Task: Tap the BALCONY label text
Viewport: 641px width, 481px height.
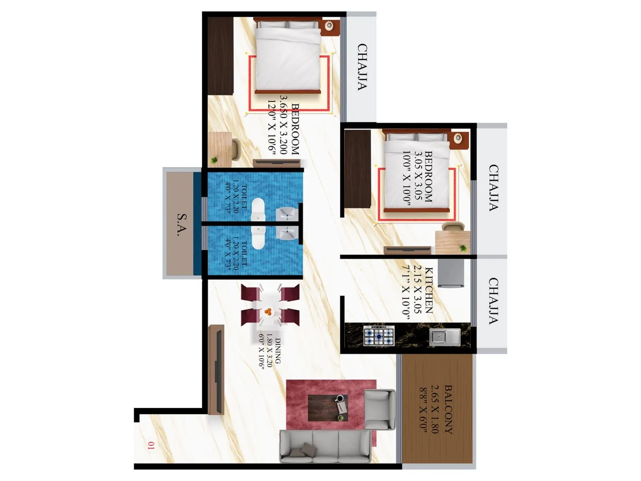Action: coord(448,409)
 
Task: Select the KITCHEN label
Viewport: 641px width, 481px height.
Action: coord(429,290)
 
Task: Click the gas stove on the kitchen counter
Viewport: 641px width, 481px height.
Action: coord(379,336)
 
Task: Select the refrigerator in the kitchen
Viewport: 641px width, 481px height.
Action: coord(451,273)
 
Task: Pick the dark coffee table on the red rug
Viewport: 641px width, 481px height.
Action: coord(327,408)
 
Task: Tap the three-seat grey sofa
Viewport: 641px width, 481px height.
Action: coord(325,446)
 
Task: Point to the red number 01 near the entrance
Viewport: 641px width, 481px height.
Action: coord(151,445)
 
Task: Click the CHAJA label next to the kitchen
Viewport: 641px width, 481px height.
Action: coord(494,301)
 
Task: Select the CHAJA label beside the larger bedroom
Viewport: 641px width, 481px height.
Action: coord(362,67)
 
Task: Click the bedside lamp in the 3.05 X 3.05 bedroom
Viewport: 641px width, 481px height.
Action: coord(458,139)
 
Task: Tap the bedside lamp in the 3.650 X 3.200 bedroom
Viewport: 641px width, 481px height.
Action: coord(329,26)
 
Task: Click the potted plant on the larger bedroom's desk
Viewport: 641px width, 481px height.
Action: coord(215,160)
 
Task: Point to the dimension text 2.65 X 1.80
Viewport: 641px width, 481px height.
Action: coord(435,409)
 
